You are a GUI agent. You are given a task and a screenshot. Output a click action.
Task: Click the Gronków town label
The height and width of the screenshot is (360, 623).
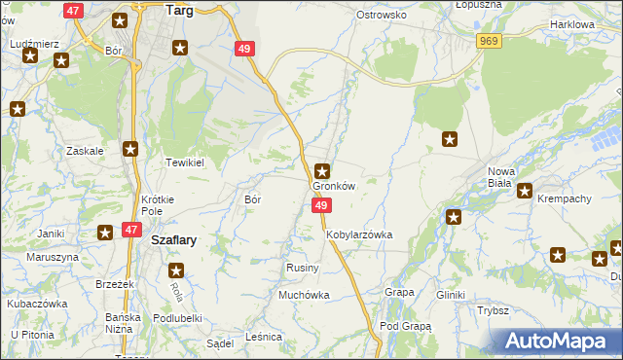pos(333,186)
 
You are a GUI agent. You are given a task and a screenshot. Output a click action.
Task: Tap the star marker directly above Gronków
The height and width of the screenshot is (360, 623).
pos(322,170)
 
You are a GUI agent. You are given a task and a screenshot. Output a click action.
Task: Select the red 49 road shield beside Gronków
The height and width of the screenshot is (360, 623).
pos(322,205)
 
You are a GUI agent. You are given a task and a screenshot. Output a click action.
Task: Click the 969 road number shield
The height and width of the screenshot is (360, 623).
pos(489,40)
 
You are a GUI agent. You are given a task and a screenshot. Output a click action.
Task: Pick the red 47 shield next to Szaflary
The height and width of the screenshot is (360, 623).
pos(131,230)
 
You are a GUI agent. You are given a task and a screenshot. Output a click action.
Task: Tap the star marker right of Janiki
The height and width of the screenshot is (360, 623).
pos(105,232)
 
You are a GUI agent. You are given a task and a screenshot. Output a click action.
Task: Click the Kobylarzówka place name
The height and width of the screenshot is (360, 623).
pos(359,234)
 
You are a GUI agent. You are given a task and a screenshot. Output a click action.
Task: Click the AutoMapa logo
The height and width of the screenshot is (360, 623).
pos(558,342)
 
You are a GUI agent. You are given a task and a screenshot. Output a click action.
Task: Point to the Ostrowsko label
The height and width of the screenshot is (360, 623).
pos(381,16)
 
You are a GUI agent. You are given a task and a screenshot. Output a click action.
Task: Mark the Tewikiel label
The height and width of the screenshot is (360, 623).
pos(184,162)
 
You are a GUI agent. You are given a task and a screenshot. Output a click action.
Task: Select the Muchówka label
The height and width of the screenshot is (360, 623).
pos(305,294)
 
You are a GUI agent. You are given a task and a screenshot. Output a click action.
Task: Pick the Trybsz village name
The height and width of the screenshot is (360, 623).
pos(494,310)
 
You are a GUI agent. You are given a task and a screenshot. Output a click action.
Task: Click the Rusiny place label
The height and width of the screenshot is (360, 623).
pos(298,268)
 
